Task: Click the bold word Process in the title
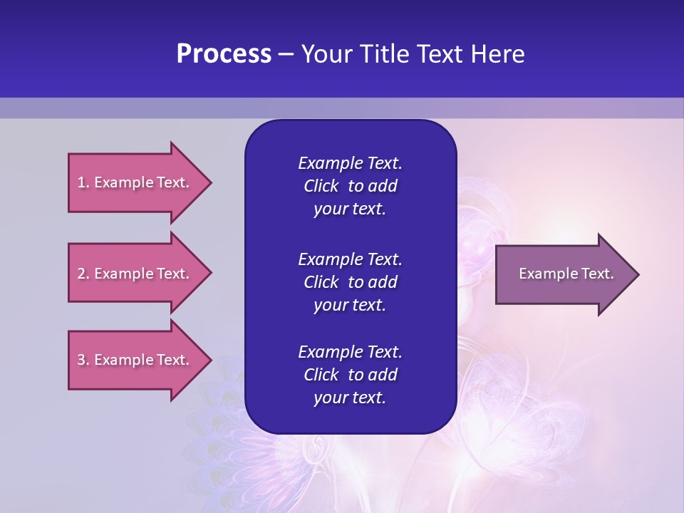(224, 54)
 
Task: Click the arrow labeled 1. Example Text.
(135, 183)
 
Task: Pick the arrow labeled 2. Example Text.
(135, 274)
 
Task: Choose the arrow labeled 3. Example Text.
(135, 360)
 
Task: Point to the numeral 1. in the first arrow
(83, 183)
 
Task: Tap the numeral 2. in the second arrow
(83, 274)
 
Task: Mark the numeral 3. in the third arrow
(83, 360)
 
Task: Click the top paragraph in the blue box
(350, 186)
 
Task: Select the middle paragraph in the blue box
(350, 281)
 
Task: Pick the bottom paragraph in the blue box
(350, 375)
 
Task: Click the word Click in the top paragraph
(321, 186)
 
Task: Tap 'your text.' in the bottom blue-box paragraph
(350, 398)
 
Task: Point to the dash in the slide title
(286, 54)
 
